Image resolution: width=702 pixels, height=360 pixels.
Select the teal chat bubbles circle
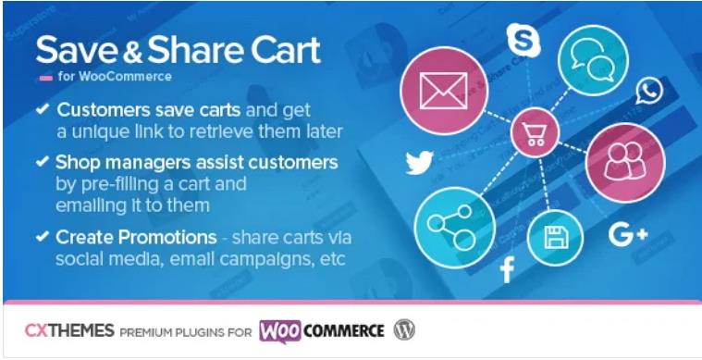(592, 59)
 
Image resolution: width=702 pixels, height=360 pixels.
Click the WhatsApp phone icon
(650, 91)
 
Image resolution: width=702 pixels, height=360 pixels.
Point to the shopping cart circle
(535, 133)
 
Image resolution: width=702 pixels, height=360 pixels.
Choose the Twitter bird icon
(419, 163)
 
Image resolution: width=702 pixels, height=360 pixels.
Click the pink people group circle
(619, 158)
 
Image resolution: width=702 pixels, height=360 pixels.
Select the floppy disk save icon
(555, 238)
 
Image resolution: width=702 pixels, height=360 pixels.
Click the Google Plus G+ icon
(628, 236)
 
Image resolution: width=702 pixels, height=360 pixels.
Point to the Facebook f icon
(507, 270)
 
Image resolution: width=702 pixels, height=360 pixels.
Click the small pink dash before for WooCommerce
(45, 76)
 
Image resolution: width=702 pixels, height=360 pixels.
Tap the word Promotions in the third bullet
(167, 237)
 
